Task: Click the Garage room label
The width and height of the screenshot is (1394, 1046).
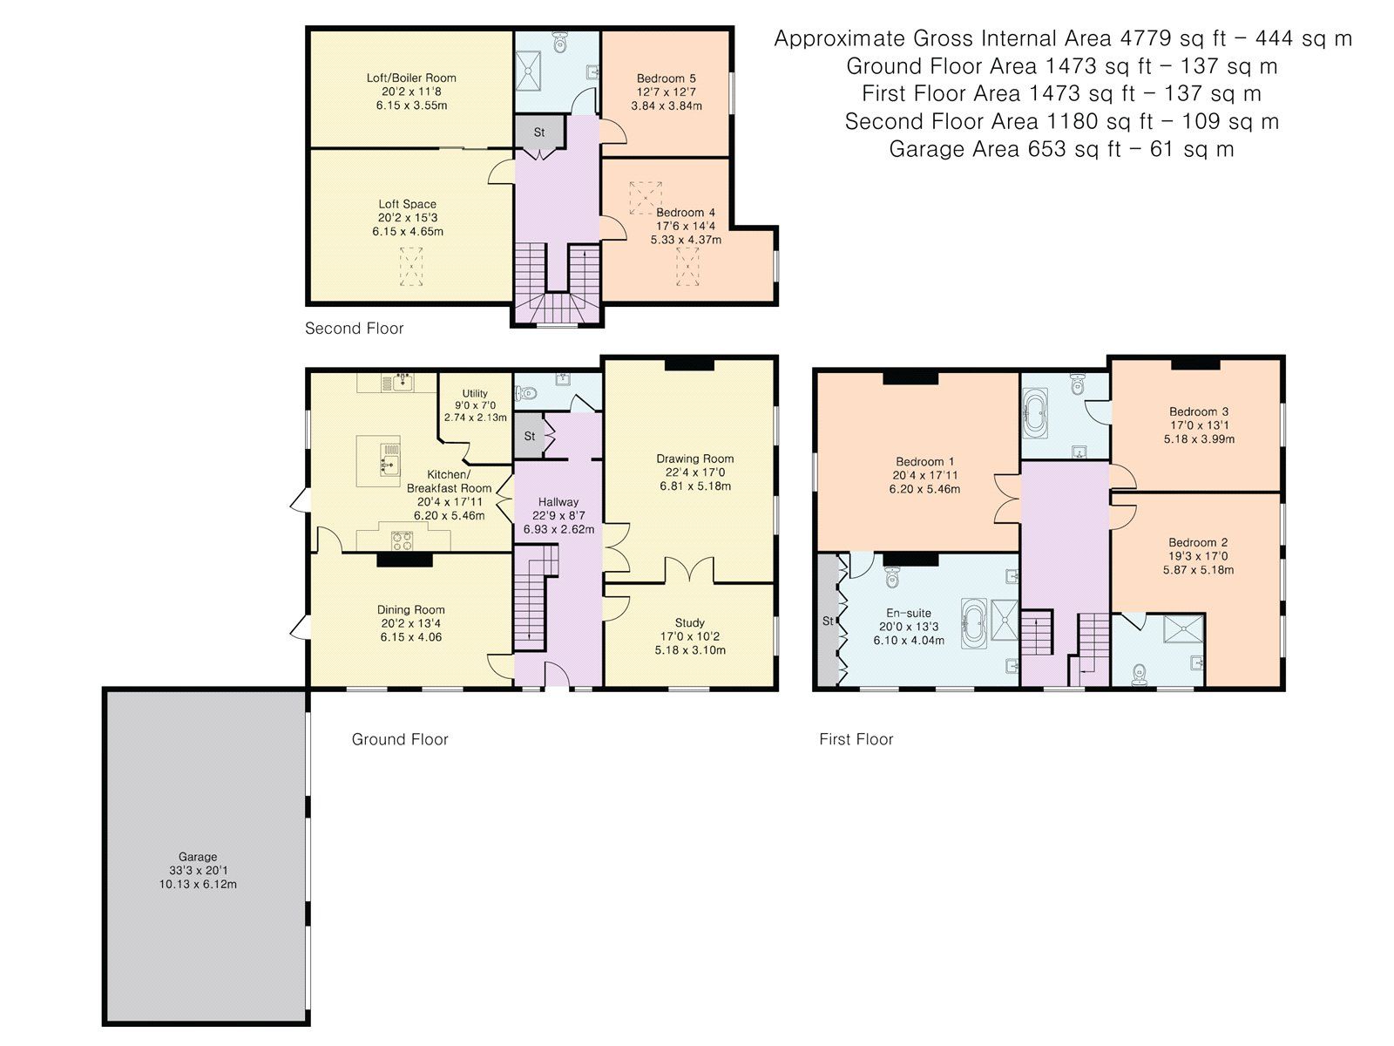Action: click(x=198, y=856)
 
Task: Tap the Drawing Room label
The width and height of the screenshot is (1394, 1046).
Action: click(x=694, y=458)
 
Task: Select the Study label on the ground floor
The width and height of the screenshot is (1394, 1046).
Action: click(x=689, y=623)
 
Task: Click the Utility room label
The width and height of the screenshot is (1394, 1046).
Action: click(x=475, y=393)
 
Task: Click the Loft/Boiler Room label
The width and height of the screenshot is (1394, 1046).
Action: click(x=410, y=78)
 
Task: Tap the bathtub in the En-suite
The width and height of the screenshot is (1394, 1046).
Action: click(x=973, y=623)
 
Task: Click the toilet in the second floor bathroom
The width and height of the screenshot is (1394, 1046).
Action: click(x=559, y=41)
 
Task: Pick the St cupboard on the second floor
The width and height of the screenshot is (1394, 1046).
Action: click(x=539, y=132)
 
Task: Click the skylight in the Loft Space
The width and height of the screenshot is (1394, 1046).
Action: click(x=410, y=267)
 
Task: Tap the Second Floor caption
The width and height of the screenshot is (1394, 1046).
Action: click(x=354, y=329)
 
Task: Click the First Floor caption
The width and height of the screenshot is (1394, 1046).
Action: click(x=856, y=739)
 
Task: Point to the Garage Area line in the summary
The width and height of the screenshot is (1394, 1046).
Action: click(x=1061, y=149)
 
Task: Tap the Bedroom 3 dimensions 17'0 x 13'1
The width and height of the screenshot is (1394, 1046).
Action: click(x=1199, y=425)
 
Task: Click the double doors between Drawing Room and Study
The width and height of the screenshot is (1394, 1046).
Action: click(x=689, y=572)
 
